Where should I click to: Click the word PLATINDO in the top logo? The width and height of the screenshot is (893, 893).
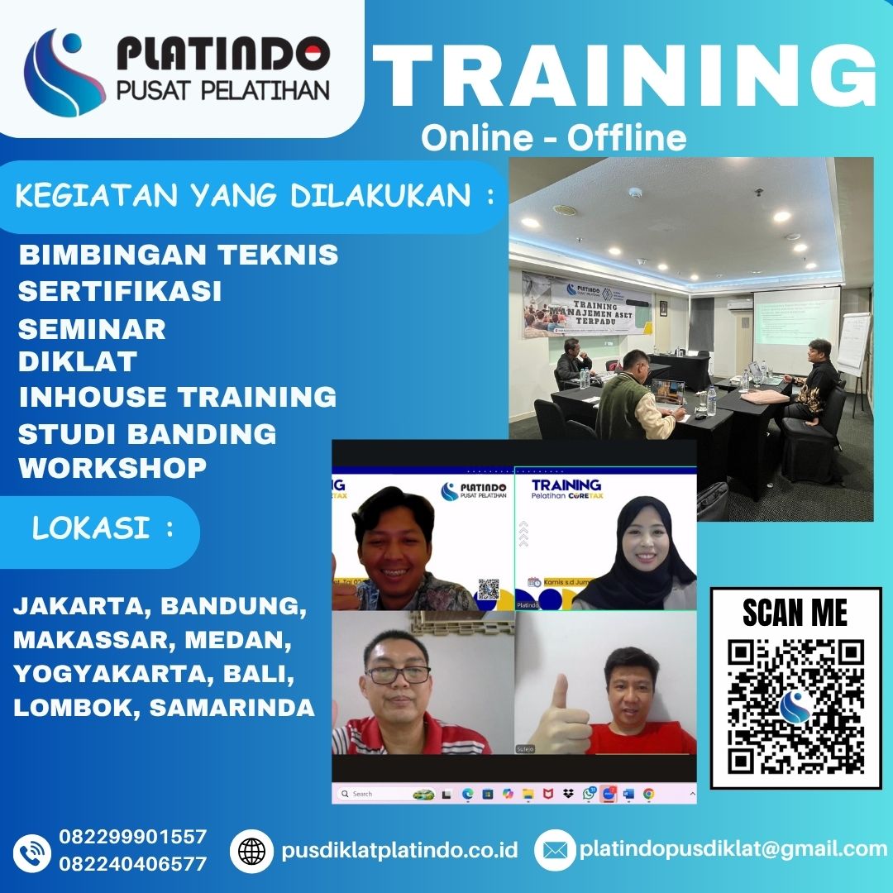point(223,55)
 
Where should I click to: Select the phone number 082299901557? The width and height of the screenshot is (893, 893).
point(133,837)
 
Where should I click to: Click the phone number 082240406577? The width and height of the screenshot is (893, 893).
point(133,864)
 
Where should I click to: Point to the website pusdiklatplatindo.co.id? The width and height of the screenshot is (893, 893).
point(399,850)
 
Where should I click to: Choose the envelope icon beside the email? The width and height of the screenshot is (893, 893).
point(554,851)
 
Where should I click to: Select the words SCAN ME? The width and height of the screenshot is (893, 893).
point(795,613)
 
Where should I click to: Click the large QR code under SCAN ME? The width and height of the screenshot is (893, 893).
point(795,706)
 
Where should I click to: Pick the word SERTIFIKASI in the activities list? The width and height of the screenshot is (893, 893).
point(120,291)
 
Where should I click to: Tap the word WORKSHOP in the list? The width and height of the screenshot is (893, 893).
point(112,467)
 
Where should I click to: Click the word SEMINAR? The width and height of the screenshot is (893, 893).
point(92,328)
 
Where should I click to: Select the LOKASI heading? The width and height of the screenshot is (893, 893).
point(103,529)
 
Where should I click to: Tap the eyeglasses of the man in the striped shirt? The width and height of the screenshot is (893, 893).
point(398,674)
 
